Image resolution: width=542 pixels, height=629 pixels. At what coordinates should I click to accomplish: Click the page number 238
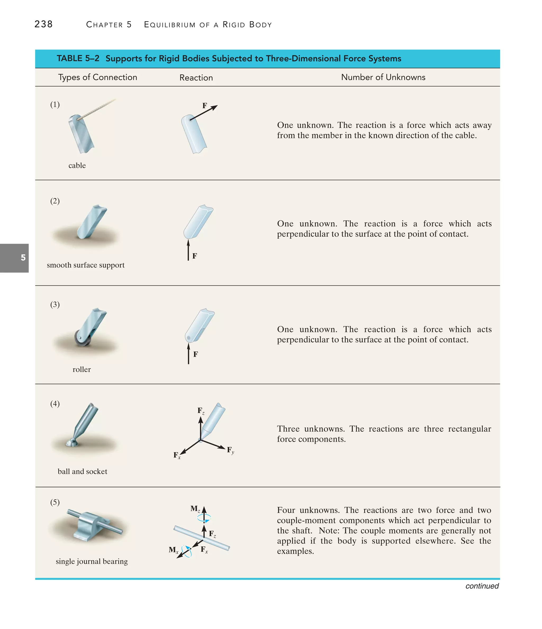pyautogui.click(x=43, y=24)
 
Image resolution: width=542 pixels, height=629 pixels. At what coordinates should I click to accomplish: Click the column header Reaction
pyautogui.click(x=196, y=78)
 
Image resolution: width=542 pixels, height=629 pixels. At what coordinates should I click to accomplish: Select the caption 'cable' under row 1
pyautogui.click(x=77, y=165)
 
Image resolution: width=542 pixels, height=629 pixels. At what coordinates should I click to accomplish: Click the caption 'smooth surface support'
pyautogui.click(x=86, y=265)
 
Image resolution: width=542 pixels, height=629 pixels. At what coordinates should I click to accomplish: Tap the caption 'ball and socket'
pyautogui.click(x=82, y=472)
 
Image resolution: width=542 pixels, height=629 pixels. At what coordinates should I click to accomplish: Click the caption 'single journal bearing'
pyautogui.click(x=92, y=561)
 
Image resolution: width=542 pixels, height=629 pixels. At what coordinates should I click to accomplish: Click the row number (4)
pyautogui.click(x=55, y=404)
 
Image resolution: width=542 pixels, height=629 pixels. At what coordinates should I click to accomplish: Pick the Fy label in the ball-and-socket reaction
pyautogui.click(x=231, y=450)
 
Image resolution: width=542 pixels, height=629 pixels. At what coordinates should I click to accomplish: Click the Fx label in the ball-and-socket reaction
pyautogui.click(x=177, y=455)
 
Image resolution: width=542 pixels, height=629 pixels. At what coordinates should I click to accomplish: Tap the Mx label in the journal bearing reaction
pyautogui.click(x=173, y=550)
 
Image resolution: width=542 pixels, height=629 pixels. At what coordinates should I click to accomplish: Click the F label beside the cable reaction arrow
pyautogui.click(x=205, y=106)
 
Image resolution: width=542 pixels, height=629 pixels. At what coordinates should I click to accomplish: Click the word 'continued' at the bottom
pyautogui.click(x=482, y=586)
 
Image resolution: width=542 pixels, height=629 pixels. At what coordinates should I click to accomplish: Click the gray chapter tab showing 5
pyautogui.click(x=15, y=258)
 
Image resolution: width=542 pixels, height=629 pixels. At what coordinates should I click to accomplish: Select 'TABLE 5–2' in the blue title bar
pyautogui.click(x=78, y=58)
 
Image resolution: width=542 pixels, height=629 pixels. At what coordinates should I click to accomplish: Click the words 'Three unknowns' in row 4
pyautogui.click(x=311, y=429)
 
